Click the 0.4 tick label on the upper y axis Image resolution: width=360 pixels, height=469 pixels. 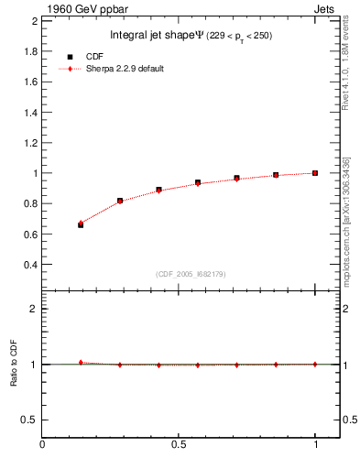coord(30,265)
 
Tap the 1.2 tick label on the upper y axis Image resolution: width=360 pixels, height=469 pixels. coord(30,143)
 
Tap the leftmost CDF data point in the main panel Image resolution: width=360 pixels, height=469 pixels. coord(81,224)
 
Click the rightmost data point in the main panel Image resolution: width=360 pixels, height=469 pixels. coord(315,172)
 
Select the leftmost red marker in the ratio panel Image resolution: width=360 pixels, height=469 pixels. coord(81,363)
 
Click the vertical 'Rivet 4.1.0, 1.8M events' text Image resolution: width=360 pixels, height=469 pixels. coord(346,62)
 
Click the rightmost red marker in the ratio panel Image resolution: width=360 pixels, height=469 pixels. coord(315,364)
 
